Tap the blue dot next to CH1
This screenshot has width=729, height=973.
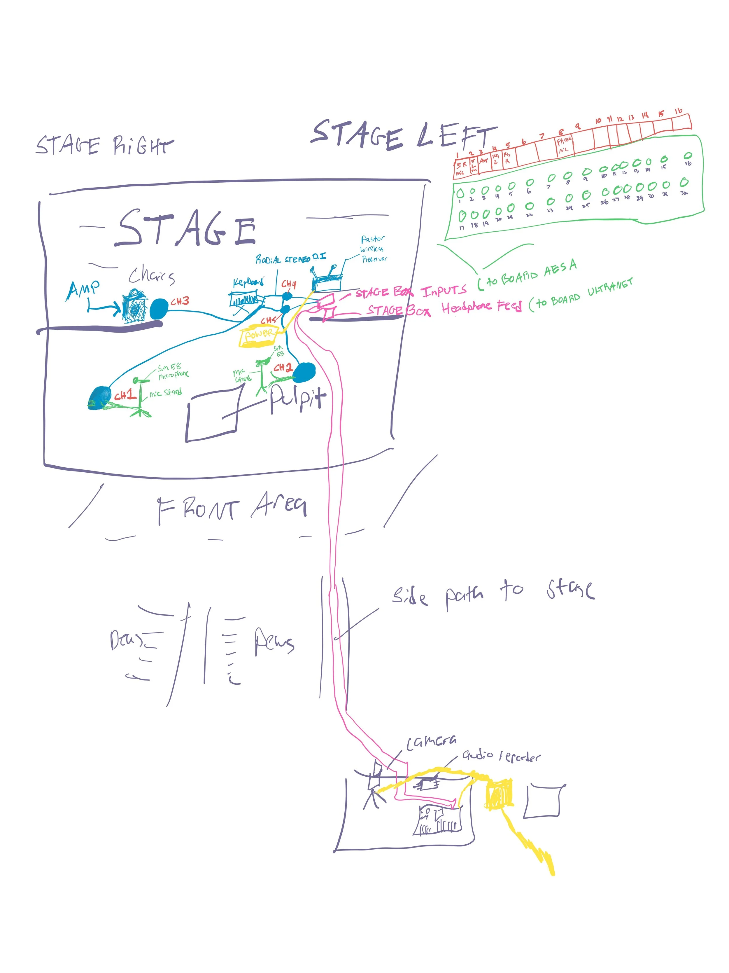click(x=100, y=398)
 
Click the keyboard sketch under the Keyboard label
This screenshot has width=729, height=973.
click(x=245, y=301)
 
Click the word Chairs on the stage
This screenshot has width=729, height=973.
click(x=152, y=276)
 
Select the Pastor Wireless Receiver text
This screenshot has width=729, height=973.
click(x=373, y=249)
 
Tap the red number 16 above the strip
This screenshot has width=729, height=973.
click(x=679, y=111)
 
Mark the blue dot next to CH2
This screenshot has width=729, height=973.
click(x=304, y=373)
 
